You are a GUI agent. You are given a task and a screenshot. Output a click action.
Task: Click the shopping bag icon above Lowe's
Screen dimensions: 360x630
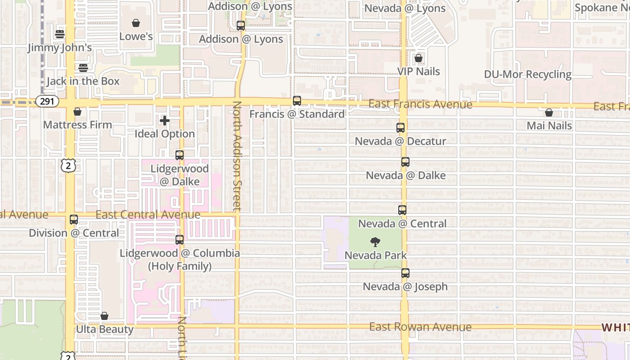pyautogui.click(x=136, y=23)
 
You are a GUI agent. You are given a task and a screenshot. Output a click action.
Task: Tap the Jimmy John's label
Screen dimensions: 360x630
pyautogui.click(x=60, y=47)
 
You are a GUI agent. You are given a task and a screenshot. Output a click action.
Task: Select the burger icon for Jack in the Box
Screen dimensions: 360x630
pyautogui.click(x=83, y=68)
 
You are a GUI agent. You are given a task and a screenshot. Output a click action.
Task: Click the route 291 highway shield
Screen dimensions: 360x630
pyautogui.click(x=47, y=101)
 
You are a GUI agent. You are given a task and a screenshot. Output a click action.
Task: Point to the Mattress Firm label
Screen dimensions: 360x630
pyautogui.click(x=77, y=125)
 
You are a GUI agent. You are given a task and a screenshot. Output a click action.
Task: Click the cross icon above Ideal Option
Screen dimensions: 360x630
pyautogui.click(x=165, y=121)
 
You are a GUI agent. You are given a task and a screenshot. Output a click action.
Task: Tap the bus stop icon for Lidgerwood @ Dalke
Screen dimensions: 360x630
pyautogui.click(x=180, y=155)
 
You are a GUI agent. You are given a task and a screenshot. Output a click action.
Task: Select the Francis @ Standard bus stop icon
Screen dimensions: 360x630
pyautogui.click(x=297, y=101)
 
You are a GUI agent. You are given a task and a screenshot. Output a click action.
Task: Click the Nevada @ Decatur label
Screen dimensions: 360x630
pyautogui.click(x=400, y=141)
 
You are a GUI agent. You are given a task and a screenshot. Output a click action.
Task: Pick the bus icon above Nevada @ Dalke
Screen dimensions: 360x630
pyautogui.click(x=405, y=162)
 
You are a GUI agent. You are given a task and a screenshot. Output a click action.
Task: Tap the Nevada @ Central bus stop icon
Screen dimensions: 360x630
pyautogui.click(x=402, y=210)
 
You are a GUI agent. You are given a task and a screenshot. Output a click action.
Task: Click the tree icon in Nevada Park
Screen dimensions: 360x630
pyautogui.click(x=375, y=242)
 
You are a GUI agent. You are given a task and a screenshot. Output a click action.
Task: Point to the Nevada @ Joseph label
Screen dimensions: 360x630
pyautogui.click(x=405, y=287)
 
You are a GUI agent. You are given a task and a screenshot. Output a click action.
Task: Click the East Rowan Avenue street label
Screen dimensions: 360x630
pyautogui.click(x=420, y=327)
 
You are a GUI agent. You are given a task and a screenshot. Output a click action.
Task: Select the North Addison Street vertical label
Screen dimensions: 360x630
pyautogui.click(x=237, y=156)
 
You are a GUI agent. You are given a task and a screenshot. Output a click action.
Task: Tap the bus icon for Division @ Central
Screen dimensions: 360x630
pyautogui.click(x=74, y=220)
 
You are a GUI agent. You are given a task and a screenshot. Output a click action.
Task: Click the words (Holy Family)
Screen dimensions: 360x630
pyautogui.click(x=180, y=266)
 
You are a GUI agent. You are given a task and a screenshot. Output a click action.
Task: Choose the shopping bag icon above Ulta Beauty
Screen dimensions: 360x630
pyautogui.click(x=104, y=316)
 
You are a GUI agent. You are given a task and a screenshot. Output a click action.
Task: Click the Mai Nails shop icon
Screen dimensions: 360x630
pyautogui.click(x=549, y=112)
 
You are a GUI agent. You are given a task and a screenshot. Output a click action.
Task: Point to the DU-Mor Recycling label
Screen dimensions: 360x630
pyautogui.click(x=528, y=74)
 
